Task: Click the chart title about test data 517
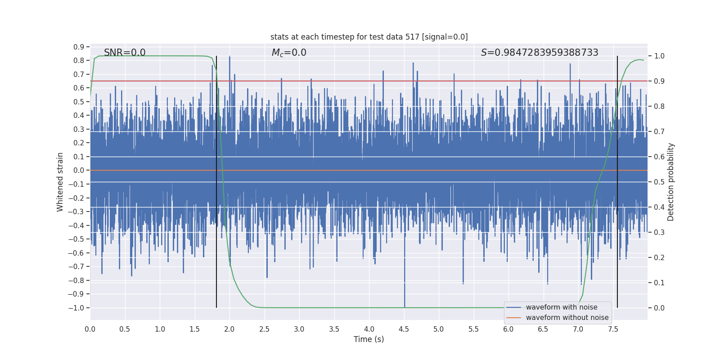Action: pyautogui.click(x=369, y=37)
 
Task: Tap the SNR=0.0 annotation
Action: pyautogui.click(x=125, y=53)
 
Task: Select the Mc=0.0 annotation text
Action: pyautogui.click(x=289, y=53)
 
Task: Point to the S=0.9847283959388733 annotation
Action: pyautogui.click(x=540, y=53)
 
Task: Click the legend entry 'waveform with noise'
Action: pyautogui.click(x=562, y=307)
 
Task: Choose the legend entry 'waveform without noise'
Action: pyautogui.click(x=567, y=318)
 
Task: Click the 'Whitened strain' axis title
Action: pyautogui.click(x=60, y=182)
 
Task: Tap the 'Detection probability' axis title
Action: pyautogui.click(x=671, y=182)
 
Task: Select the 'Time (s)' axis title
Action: pyautogui.click(x=369, y=339)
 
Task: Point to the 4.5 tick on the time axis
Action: pyautogui.click(x=404, y=329)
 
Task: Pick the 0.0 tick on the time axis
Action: pyautogui.click(x=90, y=329)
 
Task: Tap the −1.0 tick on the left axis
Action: pyautogui.click(x=76, y=308)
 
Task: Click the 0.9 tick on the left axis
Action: pyautogui.click(x=79, y=47)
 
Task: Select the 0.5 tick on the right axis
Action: pyautogui.click(x=659, y=182)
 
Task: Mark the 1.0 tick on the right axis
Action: pyautogui.click(x=659, y=56)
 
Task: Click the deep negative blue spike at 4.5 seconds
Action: pyautogui.click(x=405, y=292)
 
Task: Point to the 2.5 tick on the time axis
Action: pyautogui.click(x=265, y=329)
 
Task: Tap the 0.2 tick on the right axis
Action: pyautogui.click(x=659, y=257)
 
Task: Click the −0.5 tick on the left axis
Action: pyautogui.click(x=76, y=239)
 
